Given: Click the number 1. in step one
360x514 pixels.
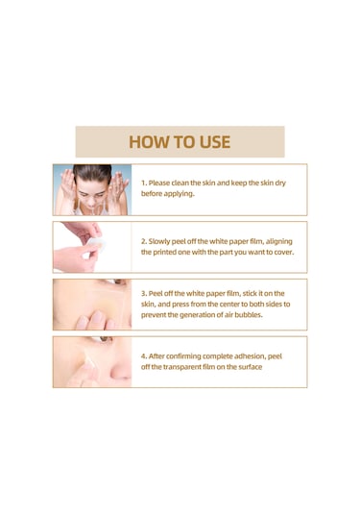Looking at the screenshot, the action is point(144,183).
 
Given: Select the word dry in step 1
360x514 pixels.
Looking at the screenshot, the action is point(280,183).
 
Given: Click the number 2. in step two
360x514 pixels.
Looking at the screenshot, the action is point(144,241).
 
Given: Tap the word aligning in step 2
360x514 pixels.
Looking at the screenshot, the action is point(279,241).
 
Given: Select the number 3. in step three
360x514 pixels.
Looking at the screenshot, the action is point(144,293).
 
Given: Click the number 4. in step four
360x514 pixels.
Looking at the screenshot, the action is point(144,356).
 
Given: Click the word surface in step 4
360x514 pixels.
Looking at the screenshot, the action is point(250,367).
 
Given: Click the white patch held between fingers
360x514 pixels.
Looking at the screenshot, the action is point(95,245).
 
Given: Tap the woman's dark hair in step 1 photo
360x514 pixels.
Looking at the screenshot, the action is point(92,172).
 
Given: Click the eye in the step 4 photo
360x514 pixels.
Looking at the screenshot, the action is point(105,339).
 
